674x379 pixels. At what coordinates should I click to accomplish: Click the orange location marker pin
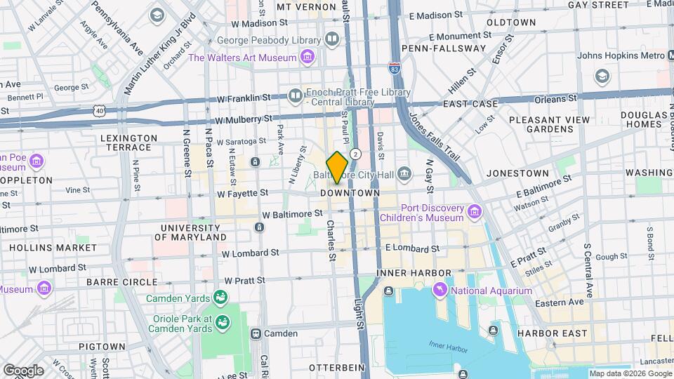(x=338, y=167)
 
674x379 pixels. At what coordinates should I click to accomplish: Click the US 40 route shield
(x=101, y=111)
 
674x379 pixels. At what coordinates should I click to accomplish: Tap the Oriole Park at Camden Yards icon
(x=223, y=322)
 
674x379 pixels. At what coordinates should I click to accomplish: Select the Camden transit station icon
(x=256, y=333)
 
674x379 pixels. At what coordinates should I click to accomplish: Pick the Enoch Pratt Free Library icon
(x=296, y=94)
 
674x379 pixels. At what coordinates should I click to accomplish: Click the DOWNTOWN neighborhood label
(x=350, y=192)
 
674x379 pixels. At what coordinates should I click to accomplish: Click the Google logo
(x=23, y=370)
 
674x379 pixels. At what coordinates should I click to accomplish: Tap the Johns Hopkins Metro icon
(x=602, y=75)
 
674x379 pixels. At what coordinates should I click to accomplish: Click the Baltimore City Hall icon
(x=404, y=173)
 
